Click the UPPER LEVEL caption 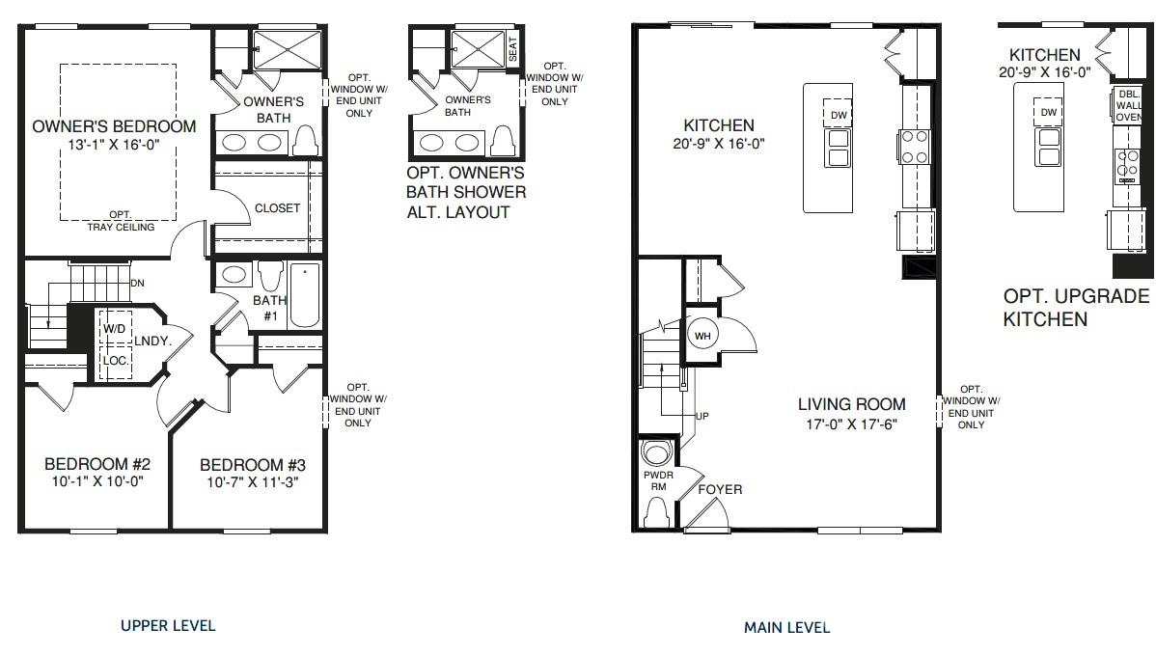tap(168, 625)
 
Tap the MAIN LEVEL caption tap(786, 627)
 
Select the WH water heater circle tap(702, 335)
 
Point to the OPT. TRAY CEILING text tap(120, 221)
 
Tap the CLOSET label tap(277, 207)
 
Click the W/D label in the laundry tap(115, 328)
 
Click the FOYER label tap(721, 489)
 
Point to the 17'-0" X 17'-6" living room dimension tap(851, 424)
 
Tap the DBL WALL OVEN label tap(1128, 105)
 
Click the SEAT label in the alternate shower tap(512, 49)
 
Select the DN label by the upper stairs tap(137, 283)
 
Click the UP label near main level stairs tap(702, 416)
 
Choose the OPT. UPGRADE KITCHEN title tap(1076, 307)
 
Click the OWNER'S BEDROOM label tap(114, 126)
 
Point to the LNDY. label tap(152, 341)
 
